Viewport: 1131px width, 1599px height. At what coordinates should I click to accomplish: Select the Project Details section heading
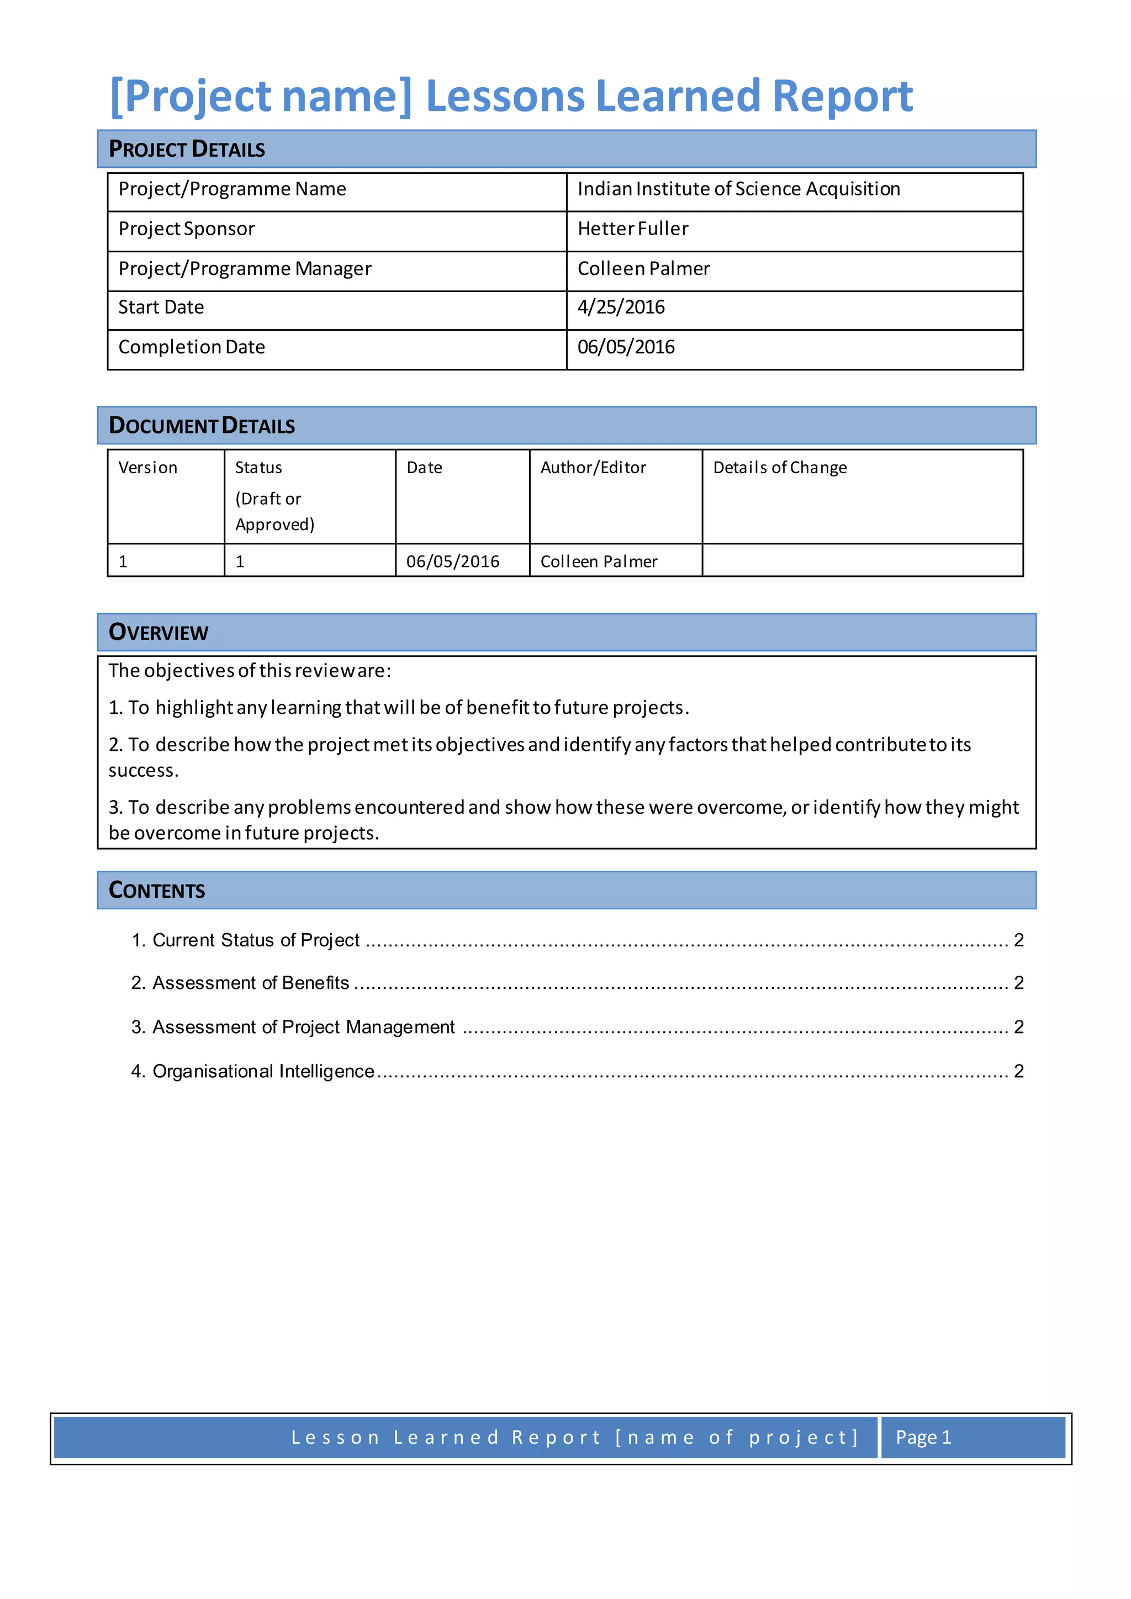point(187,149)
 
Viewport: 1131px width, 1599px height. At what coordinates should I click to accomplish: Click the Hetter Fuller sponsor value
point(632,229)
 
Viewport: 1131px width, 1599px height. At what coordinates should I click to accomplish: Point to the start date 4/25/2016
point(621,307)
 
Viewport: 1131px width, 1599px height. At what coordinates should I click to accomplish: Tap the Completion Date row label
point(192,347)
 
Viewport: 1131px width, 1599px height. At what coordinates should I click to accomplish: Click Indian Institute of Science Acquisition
point(738,189)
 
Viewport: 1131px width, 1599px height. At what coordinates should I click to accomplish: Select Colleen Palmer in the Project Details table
point(643,269)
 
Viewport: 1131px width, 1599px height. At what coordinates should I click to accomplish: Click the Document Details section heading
point(202,426)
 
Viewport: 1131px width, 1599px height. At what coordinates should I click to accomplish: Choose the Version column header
point(147,467)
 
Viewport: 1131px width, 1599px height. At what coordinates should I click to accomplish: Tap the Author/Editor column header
point(593,467)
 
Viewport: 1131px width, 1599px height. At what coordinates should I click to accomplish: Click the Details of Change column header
point(779,467)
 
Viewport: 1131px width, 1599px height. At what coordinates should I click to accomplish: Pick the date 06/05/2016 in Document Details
point(453,562)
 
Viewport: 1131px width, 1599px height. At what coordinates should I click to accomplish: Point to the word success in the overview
point(143,770)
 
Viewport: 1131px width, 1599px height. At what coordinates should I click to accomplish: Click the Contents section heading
point(157,890)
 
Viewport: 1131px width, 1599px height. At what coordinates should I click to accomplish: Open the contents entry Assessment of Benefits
point(250,983)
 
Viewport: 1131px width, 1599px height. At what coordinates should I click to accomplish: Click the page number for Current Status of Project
point(1018,940)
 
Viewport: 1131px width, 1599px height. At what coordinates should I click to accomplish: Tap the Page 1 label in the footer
point(923,1437)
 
